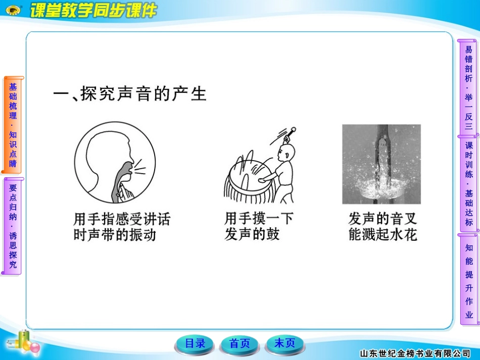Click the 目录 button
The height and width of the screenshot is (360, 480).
195,344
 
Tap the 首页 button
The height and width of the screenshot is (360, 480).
239,344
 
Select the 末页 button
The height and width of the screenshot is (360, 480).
284,343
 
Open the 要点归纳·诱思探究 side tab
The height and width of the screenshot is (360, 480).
13,226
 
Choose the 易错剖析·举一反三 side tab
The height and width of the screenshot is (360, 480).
468,87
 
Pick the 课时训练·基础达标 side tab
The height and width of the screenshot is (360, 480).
468,184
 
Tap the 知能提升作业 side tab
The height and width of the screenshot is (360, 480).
469,279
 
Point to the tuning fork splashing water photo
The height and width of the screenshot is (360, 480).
381,165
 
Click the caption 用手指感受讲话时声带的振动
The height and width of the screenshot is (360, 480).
122,227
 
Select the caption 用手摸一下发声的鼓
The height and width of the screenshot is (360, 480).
259,226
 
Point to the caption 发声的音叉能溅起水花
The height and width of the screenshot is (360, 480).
382,227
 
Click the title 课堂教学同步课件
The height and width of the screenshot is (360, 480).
93,10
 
